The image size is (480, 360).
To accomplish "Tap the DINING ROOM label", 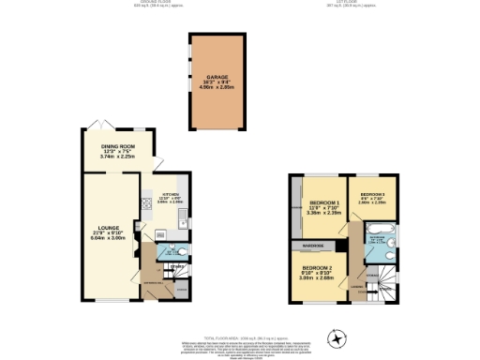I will point(118,146).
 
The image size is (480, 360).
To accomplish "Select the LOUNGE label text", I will point(110,227).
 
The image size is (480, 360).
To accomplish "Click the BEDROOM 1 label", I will point(324,202).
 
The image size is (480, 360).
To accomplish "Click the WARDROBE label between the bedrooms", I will point(314,246).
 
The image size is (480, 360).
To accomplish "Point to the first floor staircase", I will point(380,277).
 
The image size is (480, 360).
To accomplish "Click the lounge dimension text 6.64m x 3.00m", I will point(110,238).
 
